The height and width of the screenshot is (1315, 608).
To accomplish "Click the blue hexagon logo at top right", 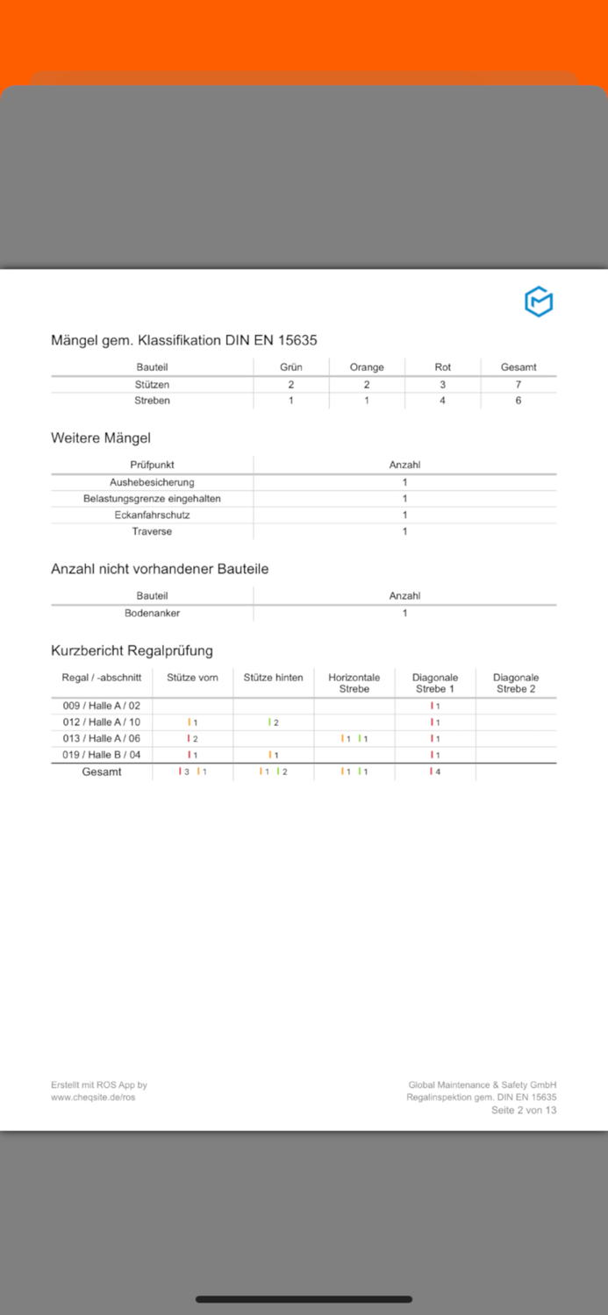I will [539, 302].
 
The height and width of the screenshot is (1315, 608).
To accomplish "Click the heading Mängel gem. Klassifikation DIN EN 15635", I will [183, 340].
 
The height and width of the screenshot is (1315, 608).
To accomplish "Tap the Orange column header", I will [367, 367].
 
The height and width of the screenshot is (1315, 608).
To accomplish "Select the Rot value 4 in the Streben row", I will [442, 401].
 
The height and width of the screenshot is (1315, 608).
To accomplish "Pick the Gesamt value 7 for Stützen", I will [518, 385].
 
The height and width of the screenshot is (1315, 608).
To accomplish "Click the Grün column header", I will [291, 367].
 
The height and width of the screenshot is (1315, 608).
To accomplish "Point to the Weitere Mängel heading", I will [101, 437].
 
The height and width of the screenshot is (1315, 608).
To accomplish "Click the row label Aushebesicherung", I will [152, 482].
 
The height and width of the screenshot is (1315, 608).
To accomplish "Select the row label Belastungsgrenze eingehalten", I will [152, 499].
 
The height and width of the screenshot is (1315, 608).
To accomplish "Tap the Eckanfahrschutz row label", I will [152, 515].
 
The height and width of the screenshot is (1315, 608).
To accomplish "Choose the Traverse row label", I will [152, 531].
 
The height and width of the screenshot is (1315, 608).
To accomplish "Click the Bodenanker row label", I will [152, 613].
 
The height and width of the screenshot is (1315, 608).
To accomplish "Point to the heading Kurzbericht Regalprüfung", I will [132, 650].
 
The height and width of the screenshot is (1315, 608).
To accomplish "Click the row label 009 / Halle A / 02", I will [101, 706].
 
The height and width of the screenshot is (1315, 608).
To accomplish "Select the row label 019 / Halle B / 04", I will [101, 755].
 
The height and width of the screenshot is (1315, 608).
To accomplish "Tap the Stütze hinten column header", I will [273, 678].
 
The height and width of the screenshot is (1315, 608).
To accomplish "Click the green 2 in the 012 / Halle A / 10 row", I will [274, 722].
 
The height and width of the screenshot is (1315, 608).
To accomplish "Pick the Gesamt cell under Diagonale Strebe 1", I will [435, 771].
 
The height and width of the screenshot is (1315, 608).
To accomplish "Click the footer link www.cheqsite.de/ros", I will [93, 1097].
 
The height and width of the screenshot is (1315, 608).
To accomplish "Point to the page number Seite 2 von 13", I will [523, 1110].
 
